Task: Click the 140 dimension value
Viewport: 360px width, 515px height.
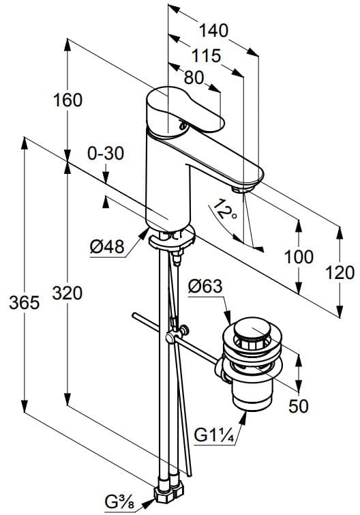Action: [x=213, y=31]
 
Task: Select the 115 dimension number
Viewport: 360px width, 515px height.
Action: [x=206, y=55]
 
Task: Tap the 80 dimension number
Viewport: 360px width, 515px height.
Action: [x=194, y=78]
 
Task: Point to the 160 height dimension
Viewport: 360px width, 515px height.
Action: [x=67, y=100]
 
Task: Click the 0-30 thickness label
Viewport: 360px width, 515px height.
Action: [x=106, y=154]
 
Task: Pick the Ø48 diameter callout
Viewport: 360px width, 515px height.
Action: [x=108, y=248]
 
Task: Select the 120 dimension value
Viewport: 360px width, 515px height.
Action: [x=340, y=272]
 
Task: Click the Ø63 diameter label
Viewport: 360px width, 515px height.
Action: [x=205, y=287]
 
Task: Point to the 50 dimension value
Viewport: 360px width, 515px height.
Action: [x=297, y=406]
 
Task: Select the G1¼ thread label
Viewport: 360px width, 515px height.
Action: [x=214, y=435]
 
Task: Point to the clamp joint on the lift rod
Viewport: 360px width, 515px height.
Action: [x=170, y=339]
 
